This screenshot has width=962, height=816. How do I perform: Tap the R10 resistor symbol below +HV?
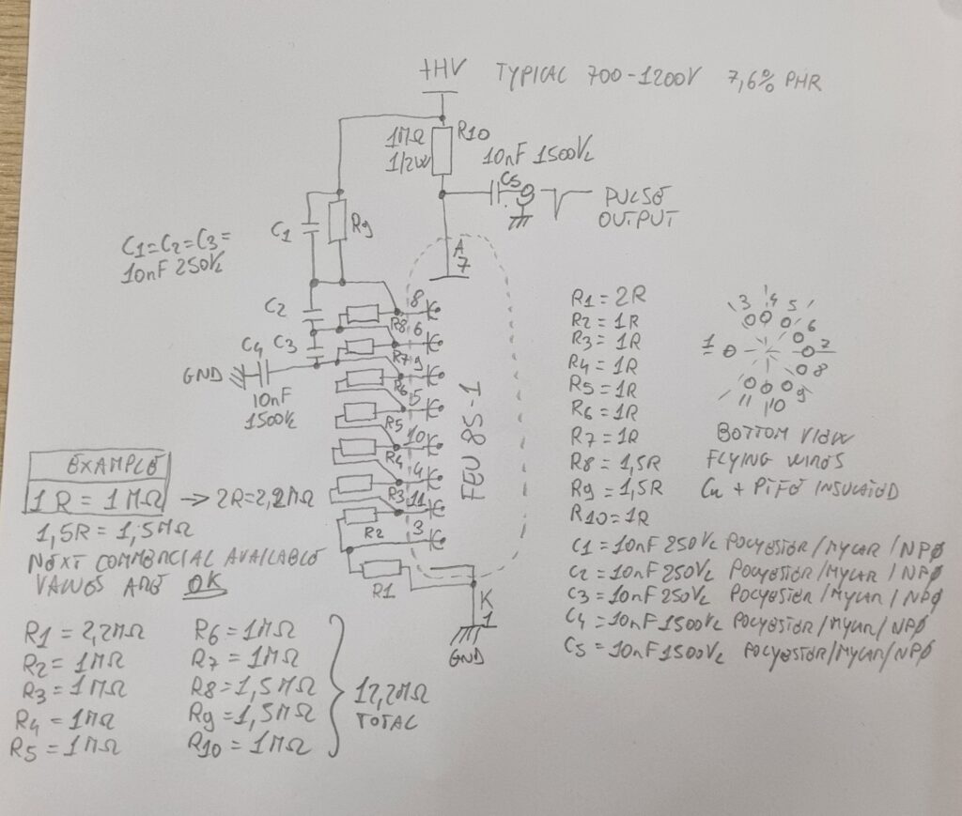(x=442, y=151)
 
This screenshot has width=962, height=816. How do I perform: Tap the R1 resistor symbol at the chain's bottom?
(x=381, y=569)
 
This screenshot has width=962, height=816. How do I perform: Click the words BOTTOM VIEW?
(x=761, y=436)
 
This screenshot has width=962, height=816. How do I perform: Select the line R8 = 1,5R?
(x=616, y=461)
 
